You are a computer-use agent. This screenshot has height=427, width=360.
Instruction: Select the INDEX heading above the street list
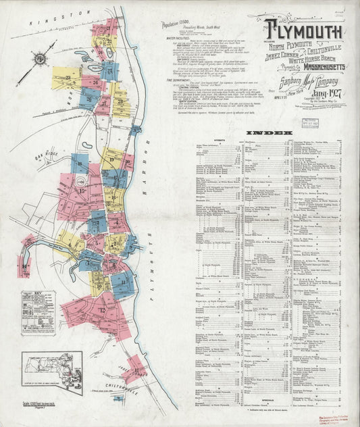tap(269, 133)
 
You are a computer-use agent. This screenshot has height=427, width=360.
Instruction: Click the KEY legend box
tap(38, 313)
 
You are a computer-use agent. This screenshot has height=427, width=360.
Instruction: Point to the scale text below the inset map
tap(42, 403)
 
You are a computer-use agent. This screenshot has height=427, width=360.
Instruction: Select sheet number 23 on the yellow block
tap(70, 79)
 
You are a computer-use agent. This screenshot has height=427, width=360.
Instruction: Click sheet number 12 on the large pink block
tap(102, 310)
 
